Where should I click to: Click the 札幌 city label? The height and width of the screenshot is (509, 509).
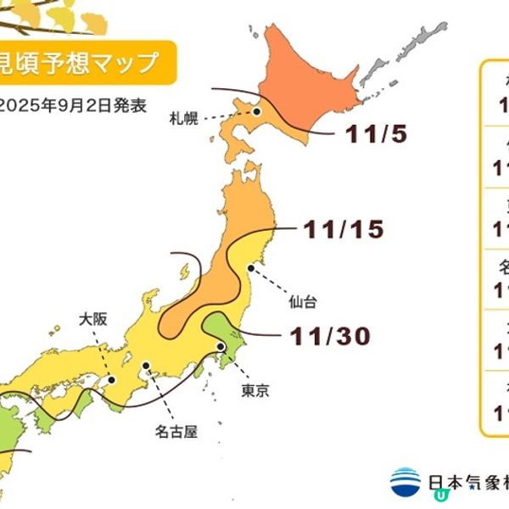[184, 118]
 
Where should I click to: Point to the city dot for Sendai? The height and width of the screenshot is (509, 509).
[250, 269]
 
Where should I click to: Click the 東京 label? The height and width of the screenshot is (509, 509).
[257, 391]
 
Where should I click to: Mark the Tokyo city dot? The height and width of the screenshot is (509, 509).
[221, 346]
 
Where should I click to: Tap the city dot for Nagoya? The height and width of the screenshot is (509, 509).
[146, 368]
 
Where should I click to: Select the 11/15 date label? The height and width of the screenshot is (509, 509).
[343, 229]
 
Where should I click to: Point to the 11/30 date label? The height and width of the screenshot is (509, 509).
[329, 336]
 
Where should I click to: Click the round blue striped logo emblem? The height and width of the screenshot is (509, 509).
[406, 483]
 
